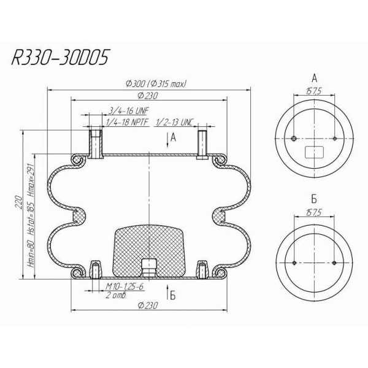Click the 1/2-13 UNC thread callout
[x=175, y=123]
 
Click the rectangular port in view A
[x=314, y=151]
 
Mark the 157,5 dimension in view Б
[x=314, y=215]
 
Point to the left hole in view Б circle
[x=294, y=263]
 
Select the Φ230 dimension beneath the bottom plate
[x=147, y=305]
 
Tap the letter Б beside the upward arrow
[x=173, y=295]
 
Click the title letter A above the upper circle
[x=314, y=78]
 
